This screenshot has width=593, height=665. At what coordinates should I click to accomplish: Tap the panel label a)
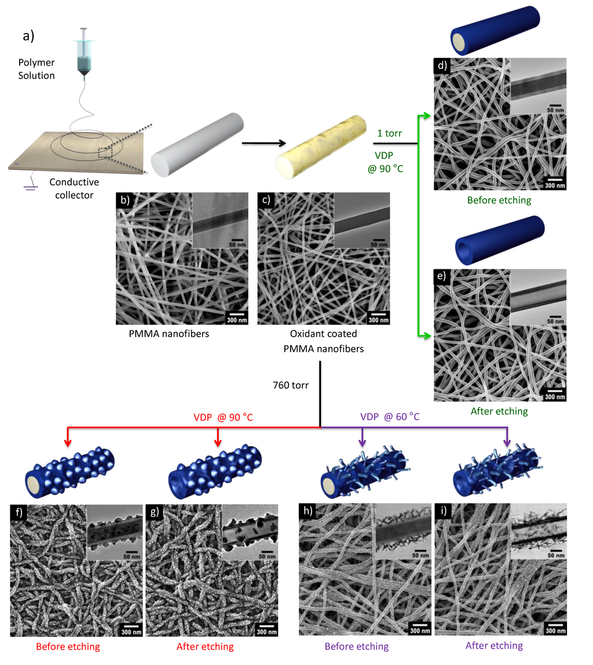(28, 36)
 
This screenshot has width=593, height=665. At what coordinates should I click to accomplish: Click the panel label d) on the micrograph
(442, 65)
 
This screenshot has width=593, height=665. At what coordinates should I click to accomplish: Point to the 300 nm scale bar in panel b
(236, 317)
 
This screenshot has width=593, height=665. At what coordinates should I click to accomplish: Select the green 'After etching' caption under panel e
(500, 411)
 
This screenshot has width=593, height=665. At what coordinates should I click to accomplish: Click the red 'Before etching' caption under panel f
(68, 646)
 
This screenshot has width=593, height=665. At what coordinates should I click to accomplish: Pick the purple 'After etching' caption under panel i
(494, 645)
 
